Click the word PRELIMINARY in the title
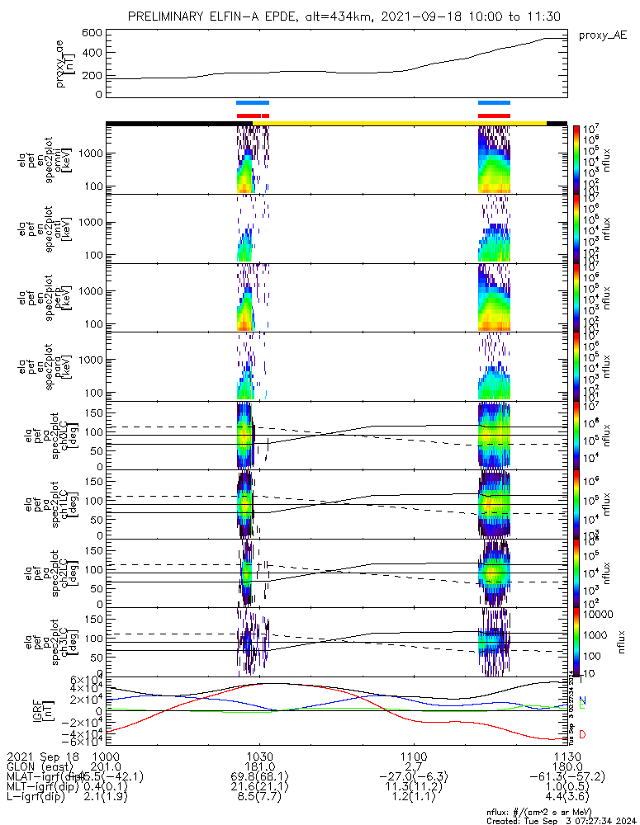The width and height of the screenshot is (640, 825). coord(168,16)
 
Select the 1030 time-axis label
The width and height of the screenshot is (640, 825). coord(259,756)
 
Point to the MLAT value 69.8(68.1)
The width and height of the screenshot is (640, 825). coord(259,777)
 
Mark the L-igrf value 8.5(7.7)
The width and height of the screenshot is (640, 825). coord(259,799)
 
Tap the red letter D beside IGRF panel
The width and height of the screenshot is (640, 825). coord(582,734)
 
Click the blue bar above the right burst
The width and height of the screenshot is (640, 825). coord(494,103)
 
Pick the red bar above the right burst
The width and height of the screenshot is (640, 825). coord(494,115)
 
